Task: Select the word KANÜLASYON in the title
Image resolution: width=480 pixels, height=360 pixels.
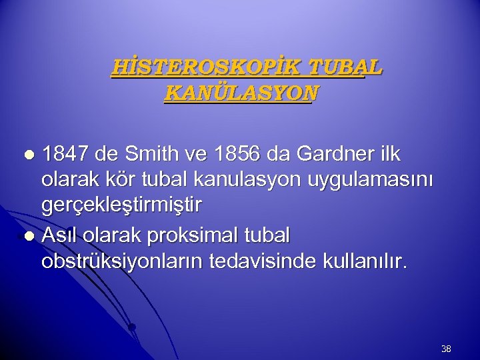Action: point(241,93)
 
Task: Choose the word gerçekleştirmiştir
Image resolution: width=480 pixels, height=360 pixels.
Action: point(121,207)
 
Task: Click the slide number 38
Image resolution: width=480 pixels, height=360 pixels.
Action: point(446,348)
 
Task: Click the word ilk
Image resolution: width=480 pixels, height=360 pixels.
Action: point(388,154)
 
